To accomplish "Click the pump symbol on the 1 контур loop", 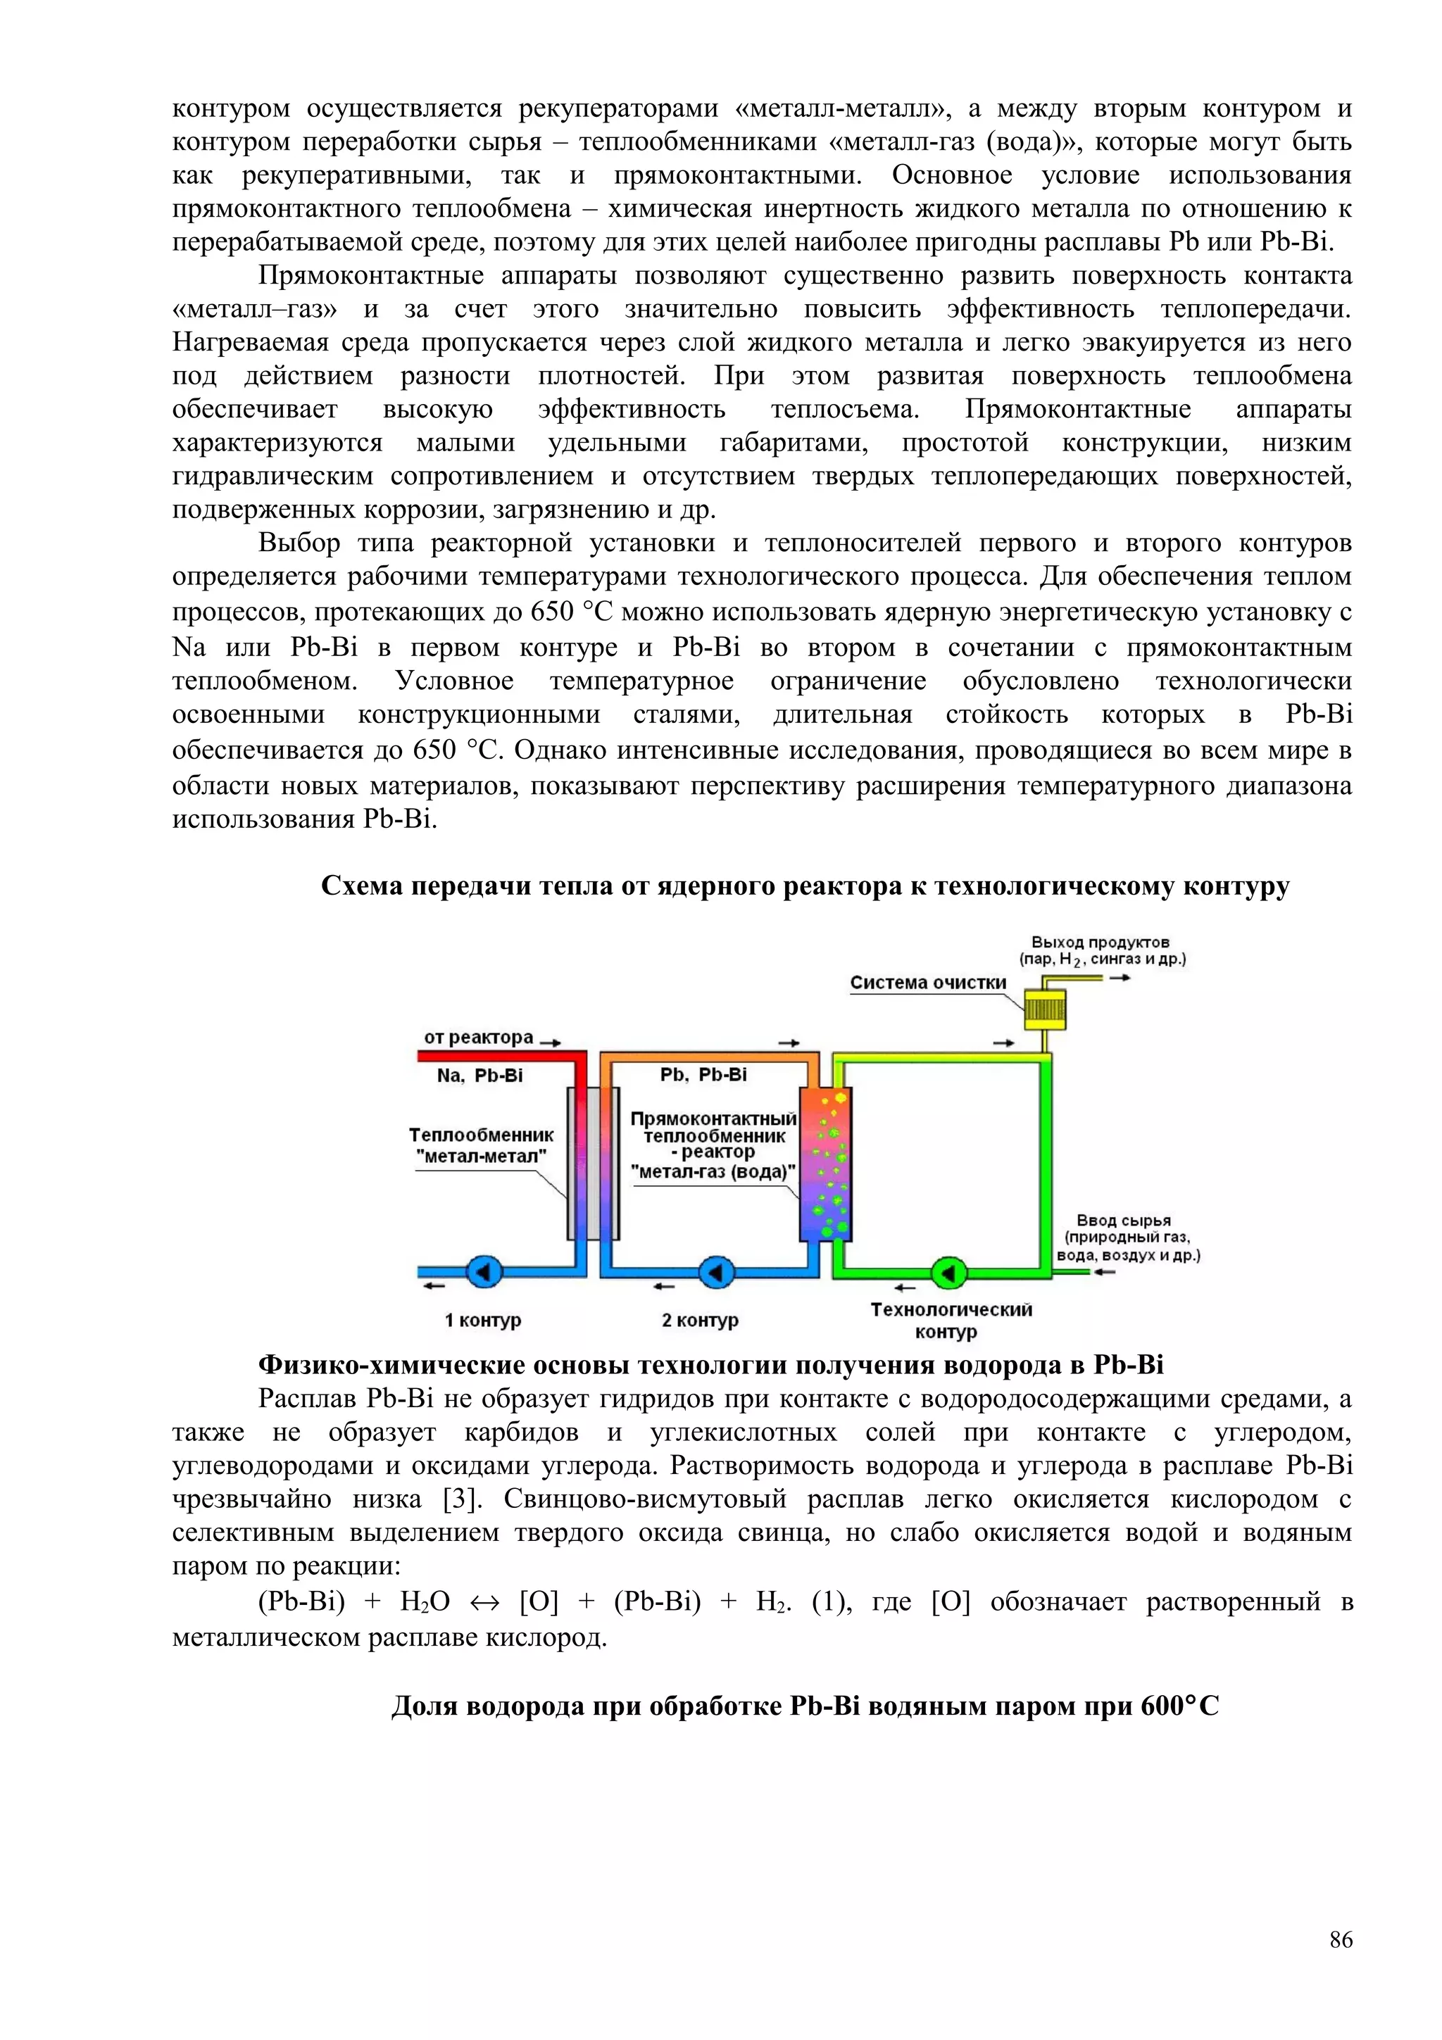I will (x=484, y=1272).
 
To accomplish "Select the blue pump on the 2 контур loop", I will (x=715, y=1272).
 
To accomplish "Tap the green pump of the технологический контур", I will (x=947, y=1272).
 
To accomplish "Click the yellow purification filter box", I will (x=1045, y=1009).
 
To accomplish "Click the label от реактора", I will (x=478, y=1038).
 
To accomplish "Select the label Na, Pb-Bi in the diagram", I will (x=479, y=1076).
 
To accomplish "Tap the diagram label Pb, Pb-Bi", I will (x=703, y=1075).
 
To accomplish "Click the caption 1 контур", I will (x=482, y=1321).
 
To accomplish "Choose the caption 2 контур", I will (x=699, y=1321).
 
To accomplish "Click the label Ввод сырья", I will (x=1123, y=1221).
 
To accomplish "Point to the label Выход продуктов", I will (x=1100, y=942).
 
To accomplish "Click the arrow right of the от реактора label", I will (x=550, y=1043).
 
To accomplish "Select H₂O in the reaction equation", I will (x=425, y=1602).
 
